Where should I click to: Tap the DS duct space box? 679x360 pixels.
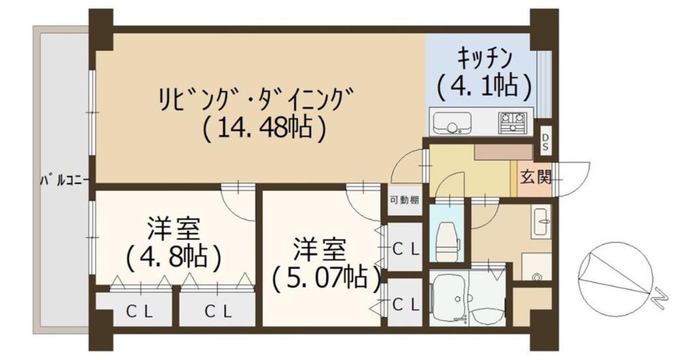tap(545, 143)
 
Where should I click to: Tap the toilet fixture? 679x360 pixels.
tap(447, 238)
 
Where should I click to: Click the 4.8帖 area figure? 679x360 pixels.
tap(174, 257)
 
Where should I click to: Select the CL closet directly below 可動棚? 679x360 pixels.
tap(407, 249)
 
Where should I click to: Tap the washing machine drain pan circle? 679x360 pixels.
tap(536, 277)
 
